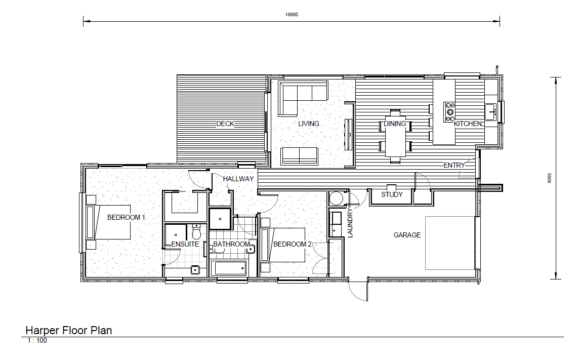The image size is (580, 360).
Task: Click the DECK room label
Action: (225, 124)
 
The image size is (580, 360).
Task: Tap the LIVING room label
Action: (308, 124)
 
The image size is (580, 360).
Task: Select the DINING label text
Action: (394, 124)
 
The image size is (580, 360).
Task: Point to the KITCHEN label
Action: (468, 124)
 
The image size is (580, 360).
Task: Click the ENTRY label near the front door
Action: (454, 165)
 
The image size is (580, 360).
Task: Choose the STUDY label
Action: (392, 194)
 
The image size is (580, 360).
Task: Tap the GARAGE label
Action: (407, 235)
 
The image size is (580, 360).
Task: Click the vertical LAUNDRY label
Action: (350, 223)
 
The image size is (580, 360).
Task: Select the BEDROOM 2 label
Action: (293, 244)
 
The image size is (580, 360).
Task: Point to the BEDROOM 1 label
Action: (126, 217)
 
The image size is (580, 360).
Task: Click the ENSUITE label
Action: (185, 244)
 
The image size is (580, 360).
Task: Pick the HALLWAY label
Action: (238, 179)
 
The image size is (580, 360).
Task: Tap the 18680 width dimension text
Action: (292, 15)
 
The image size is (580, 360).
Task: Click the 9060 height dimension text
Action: (550, 178)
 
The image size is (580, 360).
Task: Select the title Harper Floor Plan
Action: (69, 331)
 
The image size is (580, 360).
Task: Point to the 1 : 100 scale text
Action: (37, 341)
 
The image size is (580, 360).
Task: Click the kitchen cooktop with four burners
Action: (449, 112)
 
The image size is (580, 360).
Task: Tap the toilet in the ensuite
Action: (197, 231)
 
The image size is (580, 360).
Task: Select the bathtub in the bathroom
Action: (228, 268)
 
